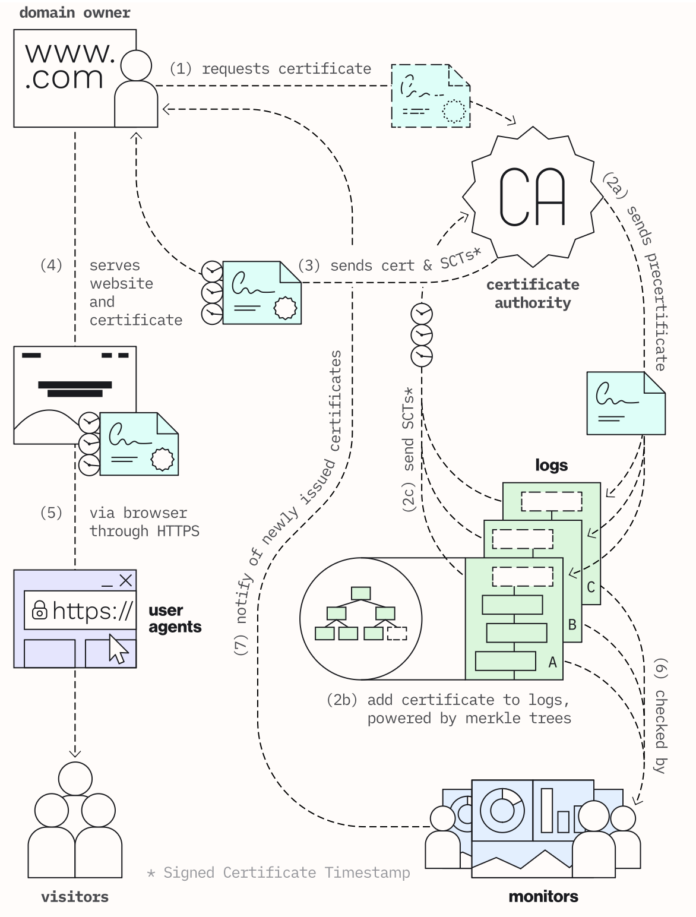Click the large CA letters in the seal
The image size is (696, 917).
click(x=532, y=197)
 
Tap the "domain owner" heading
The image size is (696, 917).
click(x=75, y=12)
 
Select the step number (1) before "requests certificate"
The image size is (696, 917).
click(x=181, y=69)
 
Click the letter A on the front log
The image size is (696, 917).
click(x=552, y=662)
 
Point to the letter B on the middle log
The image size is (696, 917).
click(x=572, y=624)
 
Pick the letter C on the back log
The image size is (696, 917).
click(x=590, y=587)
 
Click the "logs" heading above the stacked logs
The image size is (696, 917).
click(x=551, y=465)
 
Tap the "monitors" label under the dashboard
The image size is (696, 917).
click(x=543, y=896)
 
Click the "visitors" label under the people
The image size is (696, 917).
click(x=75, y=896)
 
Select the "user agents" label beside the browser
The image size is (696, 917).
click(x=175, y=618)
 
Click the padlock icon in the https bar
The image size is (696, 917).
click(x=39, y=610)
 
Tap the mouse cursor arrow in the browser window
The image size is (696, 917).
click(x=118, y=648)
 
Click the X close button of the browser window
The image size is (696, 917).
click(x=126, y=580)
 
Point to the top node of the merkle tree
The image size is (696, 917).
click(x=360, y=593)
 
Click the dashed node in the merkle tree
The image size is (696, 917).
click(x=397, y=633)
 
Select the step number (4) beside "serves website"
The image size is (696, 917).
click(x=51, y=265)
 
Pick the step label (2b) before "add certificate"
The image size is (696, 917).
click(x=342, y=700)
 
